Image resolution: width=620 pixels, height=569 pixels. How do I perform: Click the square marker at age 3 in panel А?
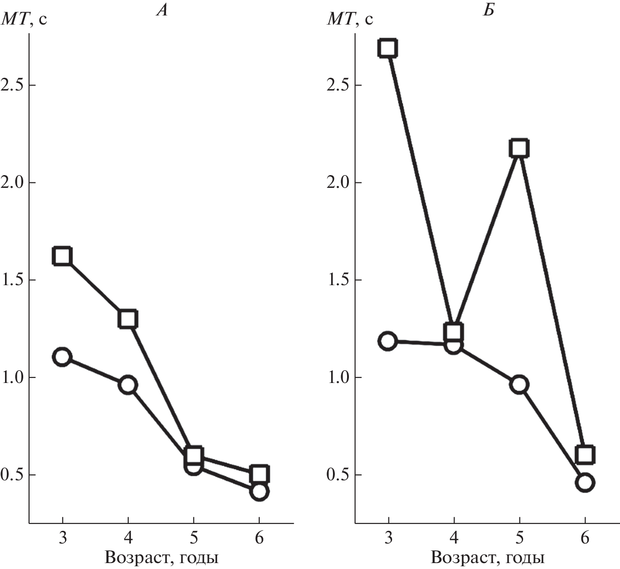click(x=62, y=256)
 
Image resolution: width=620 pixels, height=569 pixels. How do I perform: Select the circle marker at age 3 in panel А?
click(x=62, y=357)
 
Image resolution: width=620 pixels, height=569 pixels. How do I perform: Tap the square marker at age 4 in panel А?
click(x=128, y=319)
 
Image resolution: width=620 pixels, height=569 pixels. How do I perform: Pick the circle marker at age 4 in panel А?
click(x=128, y=385)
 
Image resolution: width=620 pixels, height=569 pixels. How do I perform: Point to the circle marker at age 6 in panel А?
click(x=259, y=492)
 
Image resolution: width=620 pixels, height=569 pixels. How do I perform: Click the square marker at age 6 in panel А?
click(x=259, y=474)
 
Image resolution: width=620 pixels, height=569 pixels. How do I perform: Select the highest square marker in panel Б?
click(x=388, y=48)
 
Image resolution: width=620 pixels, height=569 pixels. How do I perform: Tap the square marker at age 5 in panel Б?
click(x=519, y=148)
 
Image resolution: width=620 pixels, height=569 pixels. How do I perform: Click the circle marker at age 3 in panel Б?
click(x=388, y=341)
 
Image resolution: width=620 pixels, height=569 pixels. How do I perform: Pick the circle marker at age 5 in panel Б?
click(x=519, y=384)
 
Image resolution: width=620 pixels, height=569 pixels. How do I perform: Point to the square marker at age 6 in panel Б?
click(x=585, y=454)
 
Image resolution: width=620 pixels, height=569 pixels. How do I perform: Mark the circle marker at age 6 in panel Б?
click(x=585, y=482)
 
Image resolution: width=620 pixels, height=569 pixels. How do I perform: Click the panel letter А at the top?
click(x=161, y=10)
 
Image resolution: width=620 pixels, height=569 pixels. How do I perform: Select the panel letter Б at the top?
click(x=488, y=10)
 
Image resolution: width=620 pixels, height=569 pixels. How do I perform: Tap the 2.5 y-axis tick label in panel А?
click(x=12, y=85)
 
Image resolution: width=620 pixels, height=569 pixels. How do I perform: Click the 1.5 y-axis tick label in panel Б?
click(x=338, y=280)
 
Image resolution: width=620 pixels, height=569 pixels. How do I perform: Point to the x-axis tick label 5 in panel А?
click(x=193, y=539)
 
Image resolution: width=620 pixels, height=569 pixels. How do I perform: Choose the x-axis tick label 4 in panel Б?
click(x=454, y=539)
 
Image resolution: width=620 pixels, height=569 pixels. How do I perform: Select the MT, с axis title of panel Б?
click(x=350, y=19)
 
